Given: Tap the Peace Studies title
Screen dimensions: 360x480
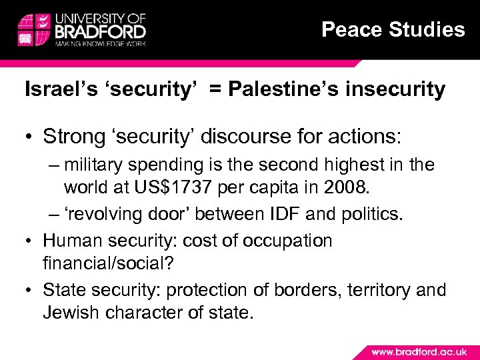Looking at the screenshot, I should click(393, 29).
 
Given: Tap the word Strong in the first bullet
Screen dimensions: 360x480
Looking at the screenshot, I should click(71, 137).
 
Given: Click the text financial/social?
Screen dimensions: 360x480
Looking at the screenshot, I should click(108, 265).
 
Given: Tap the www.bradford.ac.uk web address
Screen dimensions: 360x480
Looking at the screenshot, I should click(419, 351).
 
